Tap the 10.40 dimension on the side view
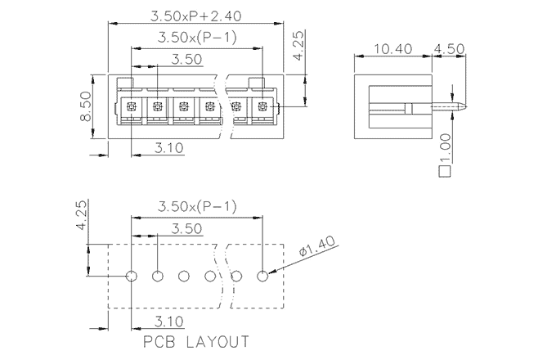click(392, 49)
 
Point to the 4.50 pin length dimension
click(450, 49)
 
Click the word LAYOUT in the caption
click(217, 340)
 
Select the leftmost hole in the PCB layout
click(132, 277)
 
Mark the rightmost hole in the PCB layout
click(262, 277)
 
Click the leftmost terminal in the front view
click(131, 107)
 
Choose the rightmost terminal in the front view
click(262, 107)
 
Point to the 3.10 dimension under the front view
click(167, 148)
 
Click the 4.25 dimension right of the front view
click(299, 46)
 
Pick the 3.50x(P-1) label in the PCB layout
click(196, 208)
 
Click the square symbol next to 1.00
click(446, 172)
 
